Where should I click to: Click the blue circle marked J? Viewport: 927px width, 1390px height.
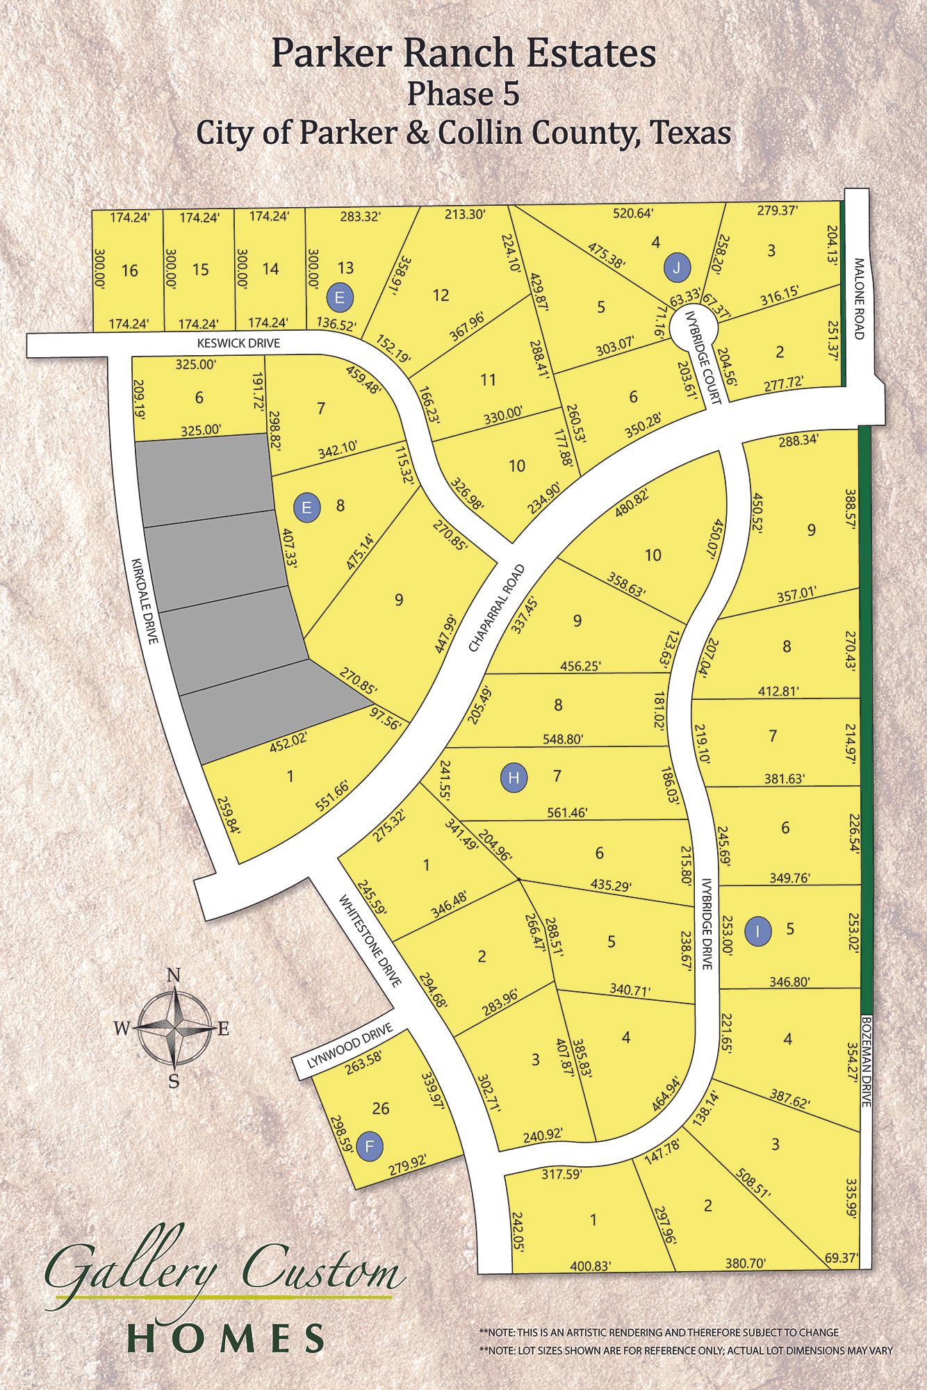click(x=677, y=268)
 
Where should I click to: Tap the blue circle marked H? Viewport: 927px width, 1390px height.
click(x=514, y=777)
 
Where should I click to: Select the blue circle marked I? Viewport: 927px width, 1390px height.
click(x=758, y=931)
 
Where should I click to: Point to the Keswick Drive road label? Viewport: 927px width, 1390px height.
click(x=238, y=343)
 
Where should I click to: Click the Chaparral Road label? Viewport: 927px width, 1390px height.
click(x=495, y=607)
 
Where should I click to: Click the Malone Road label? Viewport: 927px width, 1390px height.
click(x=859, y=298)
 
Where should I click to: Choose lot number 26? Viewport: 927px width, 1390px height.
click(x=381, y=1108)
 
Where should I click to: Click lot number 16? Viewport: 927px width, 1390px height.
click(x=130, y=270)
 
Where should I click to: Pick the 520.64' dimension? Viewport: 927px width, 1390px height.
click(x=632, y=213)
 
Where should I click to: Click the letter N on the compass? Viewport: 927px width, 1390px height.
click(x=174, y=975)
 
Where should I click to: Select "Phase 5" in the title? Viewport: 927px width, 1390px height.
click(x=463, y=94)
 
